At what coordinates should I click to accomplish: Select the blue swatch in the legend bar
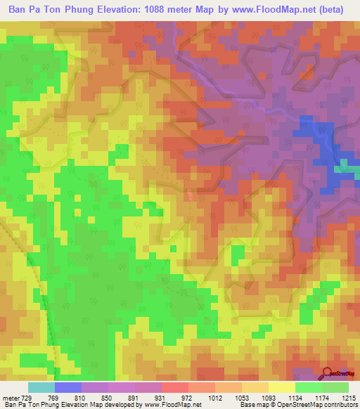click(x=67, y=387)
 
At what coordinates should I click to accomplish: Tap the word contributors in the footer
click(x=340, y=405)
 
